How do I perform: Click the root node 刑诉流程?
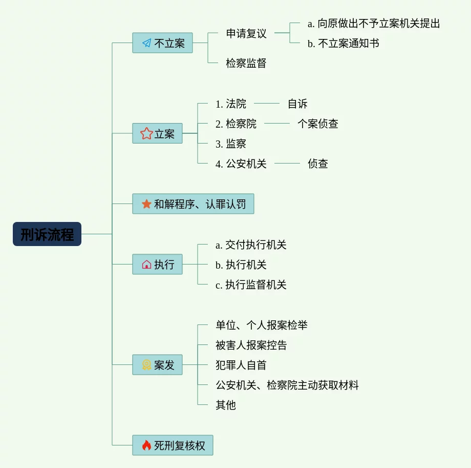pos(47,234)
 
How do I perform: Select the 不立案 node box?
pos(162,43)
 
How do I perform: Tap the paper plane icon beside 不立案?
pos(147,43)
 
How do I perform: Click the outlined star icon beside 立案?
pos(146,134)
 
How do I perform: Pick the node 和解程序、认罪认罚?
pos(193,204)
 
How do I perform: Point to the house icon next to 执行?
pos(146,264)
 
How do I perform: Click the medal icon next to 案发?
pos(146,365)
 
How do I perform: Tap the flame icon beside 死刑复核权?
pos(146,445)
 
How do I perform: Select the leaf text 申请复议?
pos(246,34)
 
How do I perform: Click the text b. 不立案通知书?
pos(343,44)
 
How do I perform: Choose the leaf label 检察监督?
pos(246,64)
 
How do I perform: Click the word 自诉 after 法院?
pos(297,104)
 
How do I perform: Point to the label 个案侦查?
pos(318,124)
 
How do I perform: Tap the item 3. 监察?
pos(231,144)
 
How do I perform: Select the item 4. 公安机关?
pos(241,164)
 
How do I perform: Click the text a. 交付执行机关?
pos(251,245)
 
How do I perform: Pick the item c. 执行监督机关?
pos(251,285)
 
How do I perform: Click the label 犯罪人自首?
pos(241,365)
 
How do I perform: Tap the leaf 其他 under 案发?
pos(226,405)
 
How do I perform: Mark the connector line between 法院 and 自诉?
pos(267,104)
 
